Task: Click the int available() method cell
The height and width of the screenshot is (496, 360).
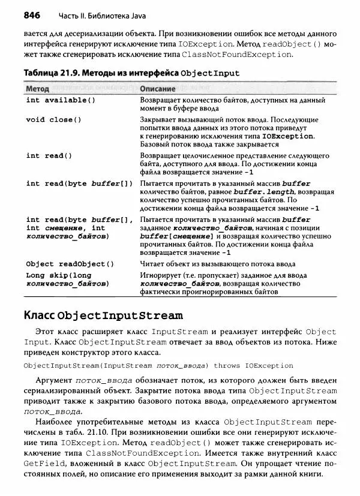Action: coord(61,100)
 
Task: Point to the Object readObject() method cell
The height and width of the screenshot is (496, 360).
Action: coord(70,264)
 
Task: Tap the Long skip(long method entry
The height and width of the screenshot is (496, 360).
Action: coord(59,275)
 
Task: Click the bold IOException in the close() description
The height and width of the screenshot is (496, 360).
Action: coord(283,137)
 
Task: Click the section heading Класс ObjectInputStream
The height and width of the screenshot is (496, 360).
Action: coord(103,315)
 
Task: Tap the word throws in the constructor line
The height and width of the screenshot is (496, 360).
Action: coord(227,365)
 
